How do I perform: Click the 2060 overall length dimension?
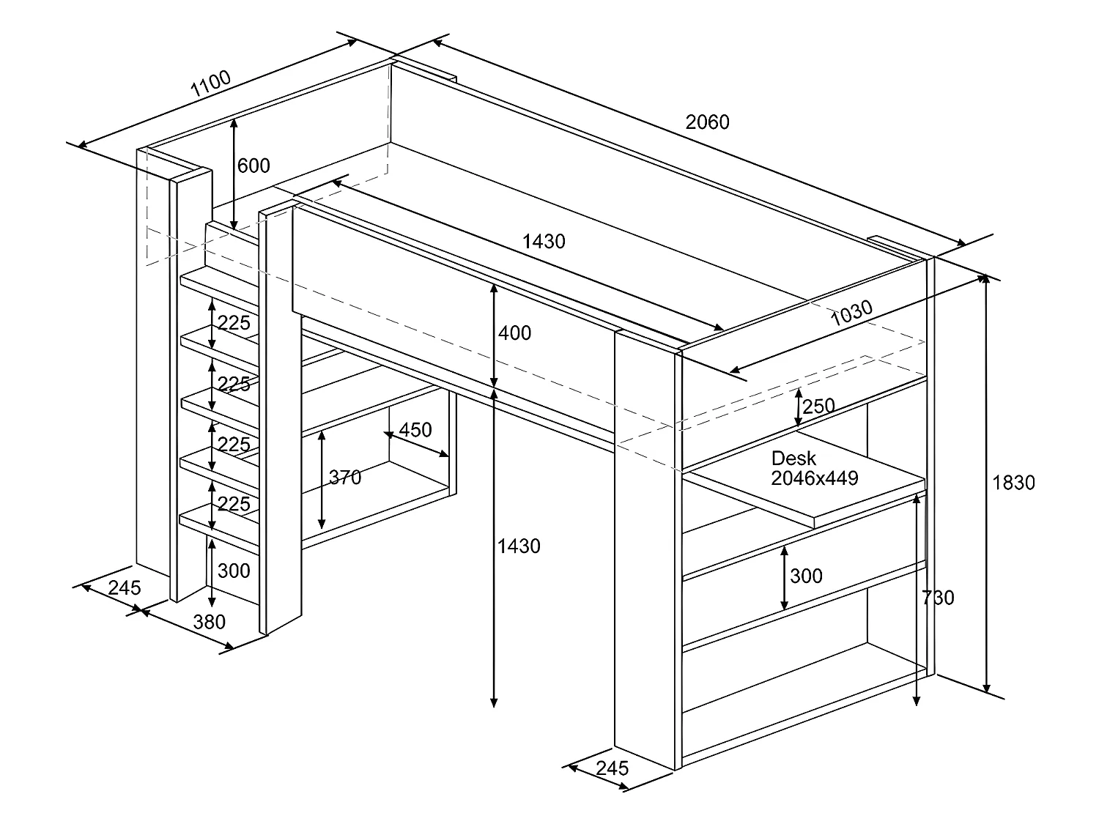(707, 122)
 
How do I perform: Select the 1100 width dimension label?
(210, 85)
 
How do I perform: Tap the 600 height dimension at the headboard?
(254, 166)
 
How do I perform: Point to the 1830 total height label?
(1013, 483)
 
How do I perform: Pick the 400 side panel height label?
(514, 333)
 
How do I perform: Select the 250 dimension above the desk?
(818, 407)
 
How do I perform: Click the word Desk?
(793, 459)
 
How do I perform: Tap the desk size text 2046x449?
(814, 478)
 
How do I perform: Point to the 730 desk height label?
(938, 598)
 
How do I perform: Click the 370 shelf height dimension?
(345, 478)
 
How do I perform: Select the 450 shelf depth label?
(415, 429)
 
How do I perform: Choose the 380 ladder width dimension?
(209, 622)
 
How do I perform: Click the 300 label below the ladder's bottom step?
(234, 571)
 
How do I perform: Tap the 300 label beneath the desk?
(806, 576)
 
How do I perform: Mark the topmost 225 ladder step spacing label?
(234, 323)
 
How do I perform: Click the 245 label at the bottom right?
(613, 768)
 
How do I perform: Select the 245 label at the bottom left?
(125, 587)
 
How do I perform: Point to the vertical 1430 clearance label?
(519, 546)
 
